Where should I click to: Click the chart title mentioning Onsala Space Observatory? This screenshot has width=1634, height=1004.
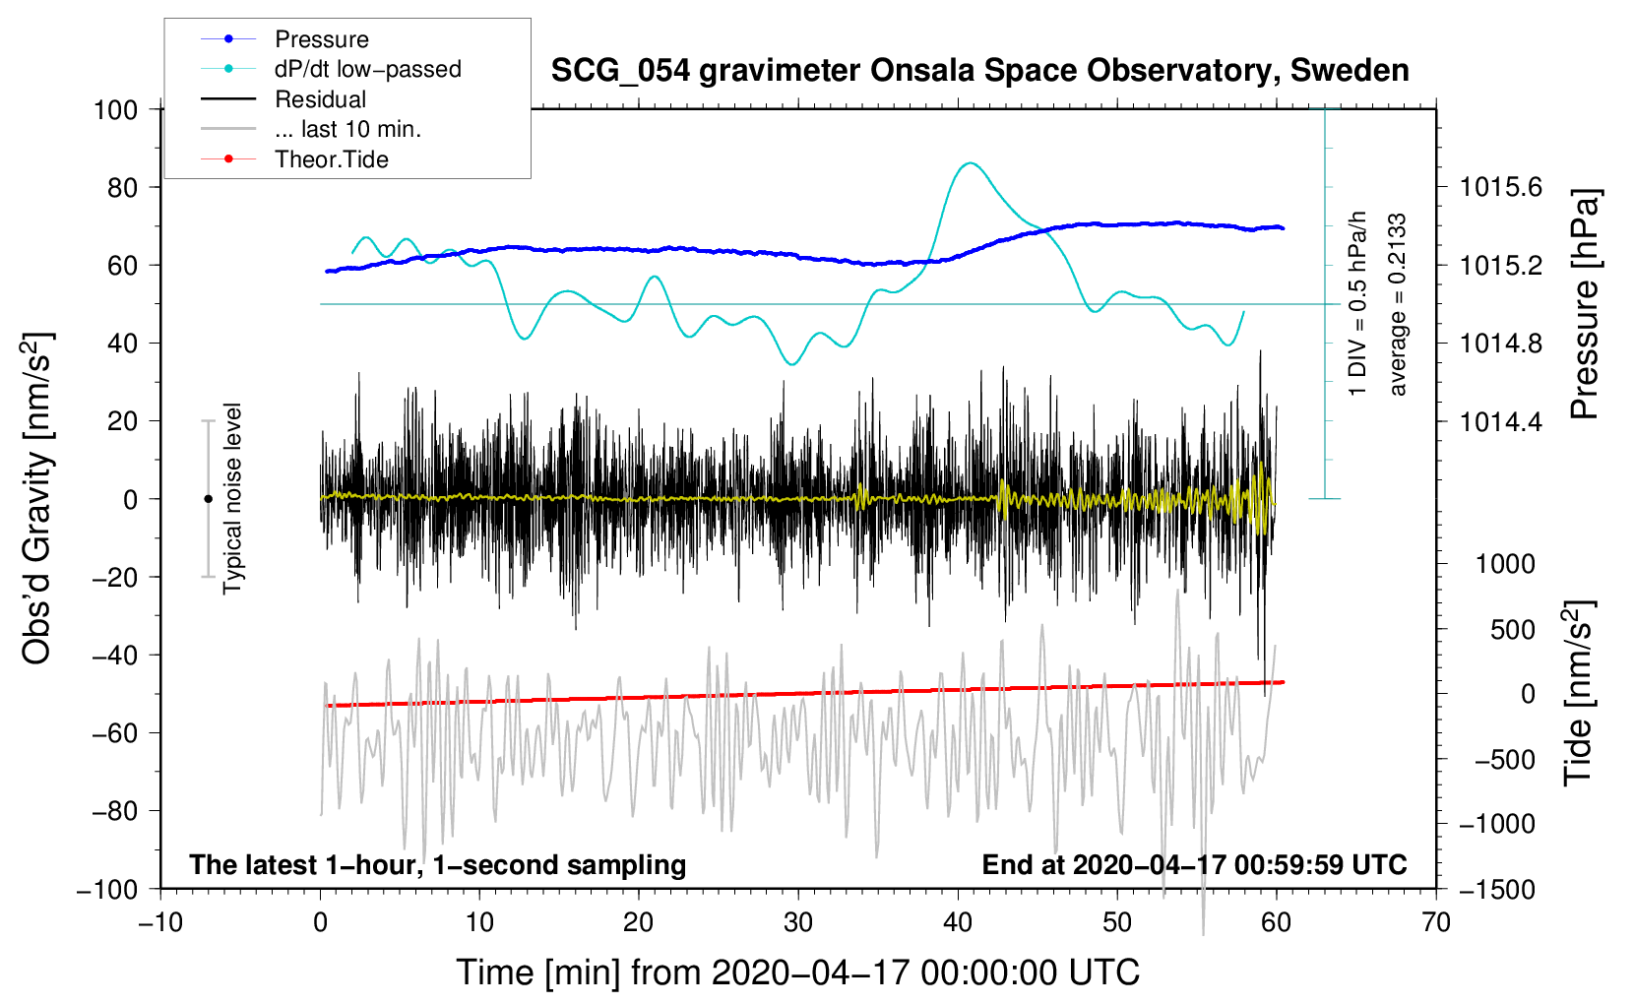pos(979,71)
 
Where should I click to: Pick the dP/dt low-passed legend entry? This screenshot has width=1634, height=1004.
pos(367,69)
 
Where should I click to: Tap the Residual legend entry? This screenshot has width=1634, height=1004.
pos(320,99)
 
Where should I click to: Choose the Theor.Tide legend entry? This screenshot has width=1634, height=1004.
pos(331,159)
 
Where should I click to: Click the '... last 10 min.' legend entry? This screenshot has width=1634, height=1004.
pos(347,129)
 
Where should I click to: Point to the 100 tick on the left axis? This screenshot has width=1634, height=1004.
pos(115,109)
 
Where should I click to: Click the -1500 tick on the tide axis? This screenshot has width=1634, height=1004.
pos(1497,890)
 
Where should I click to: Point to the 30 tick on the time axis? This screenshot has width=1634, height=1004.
pos(798,923)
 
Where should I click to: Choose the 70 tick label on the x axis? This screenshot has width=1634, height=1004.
pos(1436,923)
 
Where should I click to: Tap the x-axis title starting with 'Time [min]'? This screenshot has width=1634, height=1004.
pos(798,973)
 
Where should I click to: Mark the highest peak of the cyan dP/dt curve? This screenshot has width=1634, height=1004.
pos(971,163)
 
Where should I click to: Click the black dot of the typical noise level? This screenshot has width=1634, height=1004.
pos(208,499)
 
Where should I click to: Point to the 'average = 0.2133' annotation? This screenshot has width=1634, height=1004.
pos(1398,305)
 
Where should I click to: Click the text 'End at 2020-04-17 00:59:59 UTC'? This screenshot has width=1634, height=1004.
pos(1194,865)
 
